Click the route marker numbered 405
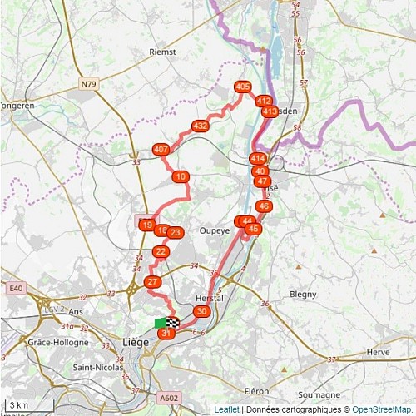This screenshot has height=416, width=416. tap(243, 87)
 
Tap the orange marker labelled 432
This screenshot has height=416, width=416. tap(200, 126)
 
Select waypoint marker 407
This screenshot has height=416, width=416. tap(161, 150)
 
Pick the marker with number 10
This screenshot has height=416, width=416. tap(181, 176)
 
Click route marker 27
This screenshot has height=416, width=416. tap(152, 282)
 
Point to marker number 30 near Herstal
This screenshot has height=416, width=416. tap(201, 310)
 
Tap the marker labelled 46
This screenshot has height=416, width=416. tap(264, 206)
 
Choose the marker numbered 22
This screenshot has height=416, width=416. tap(161, 252)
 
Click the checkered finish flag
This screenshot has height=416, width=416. tap(173, 322)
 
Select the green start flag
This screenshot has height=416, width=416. tap(160, 323)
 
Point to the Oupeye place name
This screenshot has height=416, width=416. tap(215, 230)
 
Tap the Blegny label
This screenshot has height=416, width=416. tap(303, 294)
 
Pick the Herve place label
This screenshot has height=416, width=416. tap(379, 352)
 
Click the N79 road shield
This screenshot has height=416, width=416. tap(90, 83)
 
